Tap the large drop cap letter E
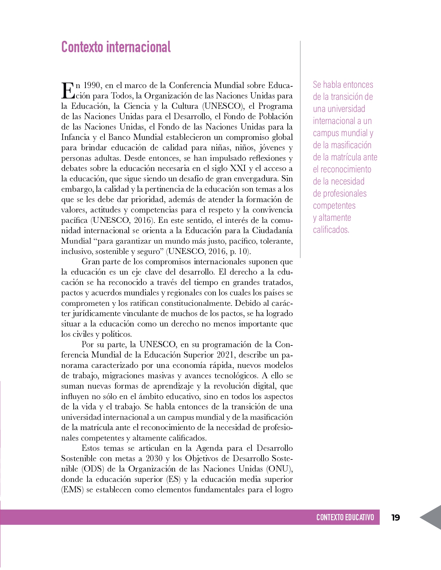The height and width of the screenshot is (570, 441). pyautogui.click(x=68, y=90)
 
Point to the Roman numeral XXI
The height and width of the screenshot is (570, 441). pyautogui.click(x=238, y=168)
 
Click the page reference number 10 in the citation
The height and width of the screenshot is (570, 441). pyautogui.click(x=243, y=251)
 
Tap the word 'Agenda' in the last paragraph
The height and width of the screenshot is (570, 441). pyautogui.click(x=210, y=448)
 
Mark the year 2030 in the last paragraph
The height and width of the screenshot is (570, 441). pyautogui.click(x=154, y=458)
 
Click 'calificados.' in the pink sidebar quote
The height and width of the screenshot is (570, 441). pyautogui.click(x=331, y=230)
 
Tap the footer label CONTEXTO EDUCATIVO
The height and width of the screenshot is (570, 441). pyautogui.click(x=345, y=517)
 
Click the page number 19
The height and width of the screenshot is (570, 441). pyautogui.click(x=396, y=517)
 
